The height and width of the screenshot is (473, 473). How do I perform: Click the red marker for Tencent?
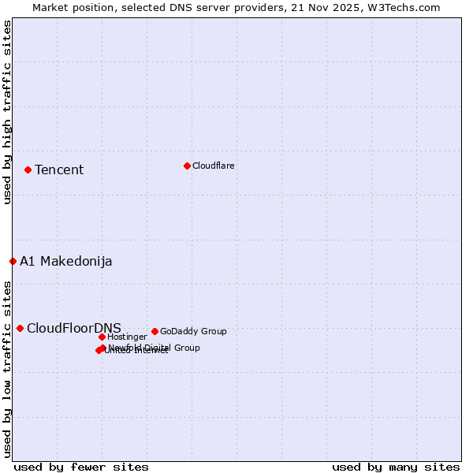point(28,169)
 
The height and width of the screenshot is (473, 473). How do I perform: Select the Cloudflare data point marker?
point(187,166)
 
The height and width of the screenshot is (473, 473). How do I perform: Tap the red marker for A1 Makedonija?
point(13,261)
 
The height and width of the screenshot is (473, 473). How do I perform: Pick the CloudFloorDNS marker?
point(20,328)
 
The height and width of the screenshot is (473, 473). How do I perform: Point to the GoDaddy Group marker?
point(155,331)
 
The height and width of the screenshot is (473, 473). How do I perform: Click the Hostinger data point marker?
point(102,337)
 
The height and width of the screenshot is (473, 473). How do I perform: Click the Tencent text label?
point(59,170)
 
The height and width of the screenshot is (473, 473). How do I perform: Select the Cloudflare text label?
point(214,166)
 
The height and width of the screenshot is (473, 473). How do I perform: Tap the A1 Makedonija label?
point(66,262)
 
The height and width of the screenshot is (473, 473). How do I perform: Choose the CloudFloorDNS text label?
point(74,329)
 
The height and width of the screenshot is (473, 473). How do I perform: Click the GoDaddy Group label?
point(193,332)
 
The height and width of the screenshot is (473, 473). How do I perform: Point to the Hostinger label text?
point(127,337)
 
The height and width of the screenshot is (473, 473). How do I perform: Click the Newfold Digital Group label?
point(155,348)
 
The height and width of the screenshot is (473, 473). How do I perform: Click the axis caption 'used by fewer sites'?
point(81,467)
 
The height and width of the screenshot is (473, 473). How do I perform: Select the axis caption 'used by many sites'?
point(396,467)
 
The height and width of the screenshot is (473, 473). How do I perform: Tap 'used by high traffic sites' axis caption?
point(7,112)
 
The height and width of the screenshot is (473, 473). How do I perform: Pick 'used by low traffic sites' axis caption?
point(7,368)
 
